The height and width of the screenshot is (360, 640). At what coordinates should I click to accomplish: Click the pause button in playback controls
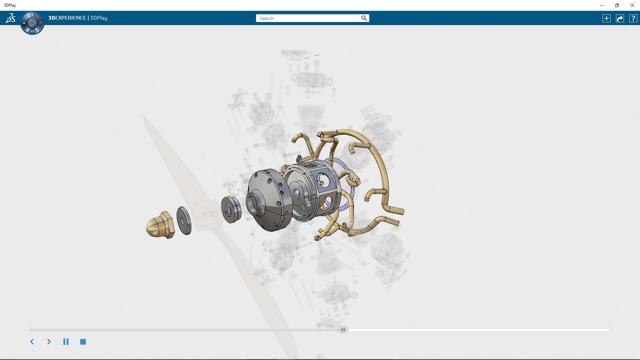(x=66, y=342)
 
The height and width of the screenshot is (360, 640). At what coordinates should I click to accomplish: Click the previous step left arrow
(x=32, y=342)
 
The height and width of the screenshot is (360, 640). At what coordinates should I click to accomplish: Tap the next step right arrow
(x=49, y=342)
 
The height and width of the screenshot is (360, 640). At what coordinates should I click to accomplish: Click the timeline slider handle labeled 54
(x=343, y=330)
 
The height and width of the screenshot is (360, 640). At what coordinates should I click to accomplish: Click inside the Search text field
(x=308, y=18)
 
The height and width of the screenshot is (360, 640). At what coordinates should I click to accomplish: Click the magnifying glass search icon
(x=364, y=18)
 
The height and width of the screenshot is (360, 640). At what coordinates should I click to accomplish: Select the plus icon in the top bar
(x=607, y=18)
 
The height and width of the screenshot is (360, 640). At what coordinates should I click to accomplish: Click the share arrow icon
(x=620, y=18)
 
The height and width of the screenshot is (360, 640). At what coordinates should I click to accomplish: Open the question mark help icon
(x=633, y=18)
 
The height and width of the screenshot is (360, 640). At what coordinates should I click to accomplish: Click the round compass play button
(x=32, y=23)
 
